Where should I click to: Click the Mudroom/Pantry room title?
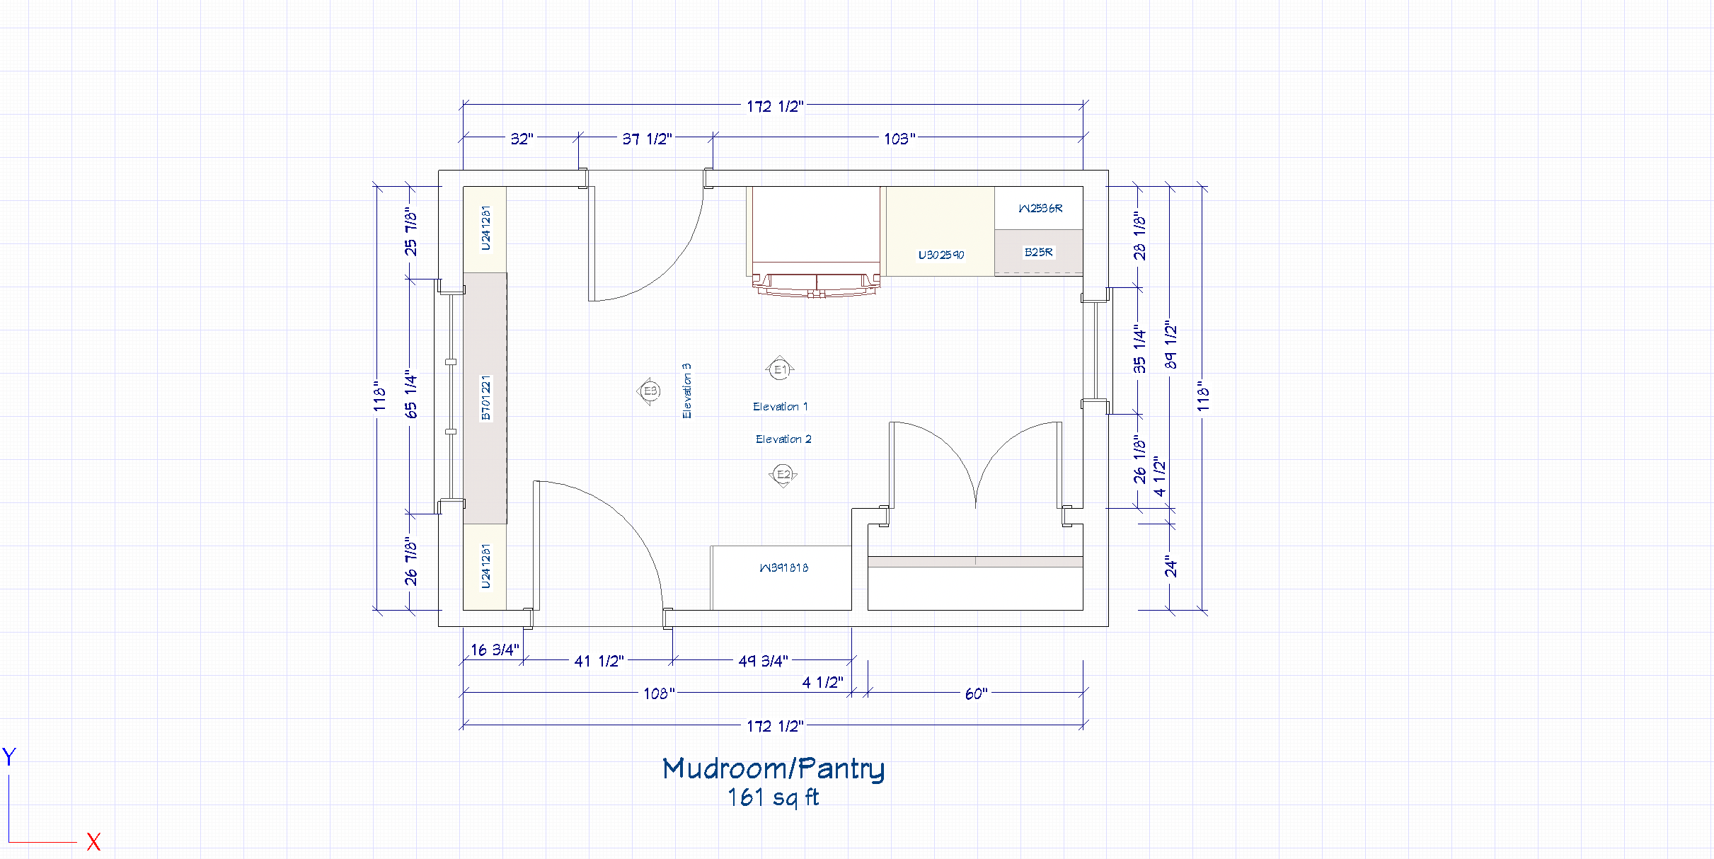pos(773,768)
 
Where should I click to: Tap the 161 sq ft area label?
pos(773,798)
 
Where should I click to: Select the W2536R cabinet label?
pos(1040,209)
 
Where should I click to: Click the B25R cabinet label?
pos(1039,253)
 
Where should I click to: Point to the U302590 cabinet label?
pos(941,255)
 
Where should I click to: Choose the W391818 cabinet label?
pos(783,567)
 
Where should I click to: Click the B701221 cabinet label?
pos(485,398)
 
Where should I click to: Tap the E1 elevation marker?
pos(780,369)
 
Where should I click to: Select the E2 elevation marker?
pos(783,475)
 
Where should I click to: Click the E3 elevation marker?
pos(650,391)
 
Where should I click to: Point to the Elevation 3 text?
pos(686,391)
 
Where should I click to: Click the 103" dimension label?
pos(899,139)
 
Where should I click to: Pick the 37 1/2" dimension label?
pos(647,139)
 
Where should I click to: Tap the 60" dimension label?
pos(976,694)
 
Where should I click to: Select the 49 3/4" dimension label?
pos(763,662)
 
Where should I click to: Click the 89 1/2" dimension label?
pos(1171,345)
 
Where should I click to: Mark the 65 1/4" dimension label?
pos(411,394)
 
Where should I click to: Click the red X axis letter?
pos(93,842)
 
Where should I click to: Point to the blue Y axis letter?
pos(9,757)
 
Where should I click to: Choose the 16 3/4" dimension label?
pos(495,650)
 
